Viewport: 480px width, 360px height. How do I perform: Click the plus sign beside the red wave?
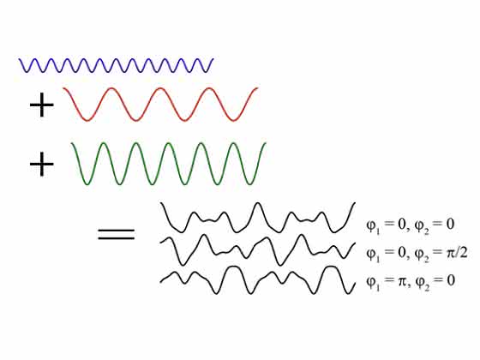(42, 105)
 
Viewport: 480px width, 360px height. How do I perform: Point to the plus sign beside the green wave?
(42, 165)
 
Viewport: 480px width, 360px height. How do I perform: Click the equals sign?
(116, 234)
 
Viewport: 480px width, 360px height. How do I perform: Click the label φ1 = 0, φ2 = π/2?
(417, 254)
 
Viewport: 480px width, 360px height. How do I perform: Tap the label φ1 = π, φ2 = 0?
(411, 282)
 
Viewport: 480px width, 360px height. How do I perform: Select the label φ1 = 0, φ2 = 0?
(411, 225)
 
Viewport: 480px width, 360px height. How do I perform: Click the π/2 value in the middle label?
(458, 253)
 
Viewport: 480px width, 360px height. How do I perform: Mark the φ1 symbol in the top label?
(373, 226)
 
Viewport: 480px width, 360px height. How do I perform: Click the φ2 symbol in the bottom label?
(422, 283)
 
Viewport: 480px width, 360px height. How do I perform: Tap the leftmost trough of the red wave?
(87, 121)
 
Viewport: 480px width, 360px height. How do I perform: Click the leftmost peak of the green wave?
(104, 143)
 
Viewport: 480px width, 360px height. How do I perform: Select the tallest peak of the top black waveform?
(258, 203)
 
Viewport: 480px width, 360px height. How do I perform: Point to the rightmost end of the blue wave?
(213, 58)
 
